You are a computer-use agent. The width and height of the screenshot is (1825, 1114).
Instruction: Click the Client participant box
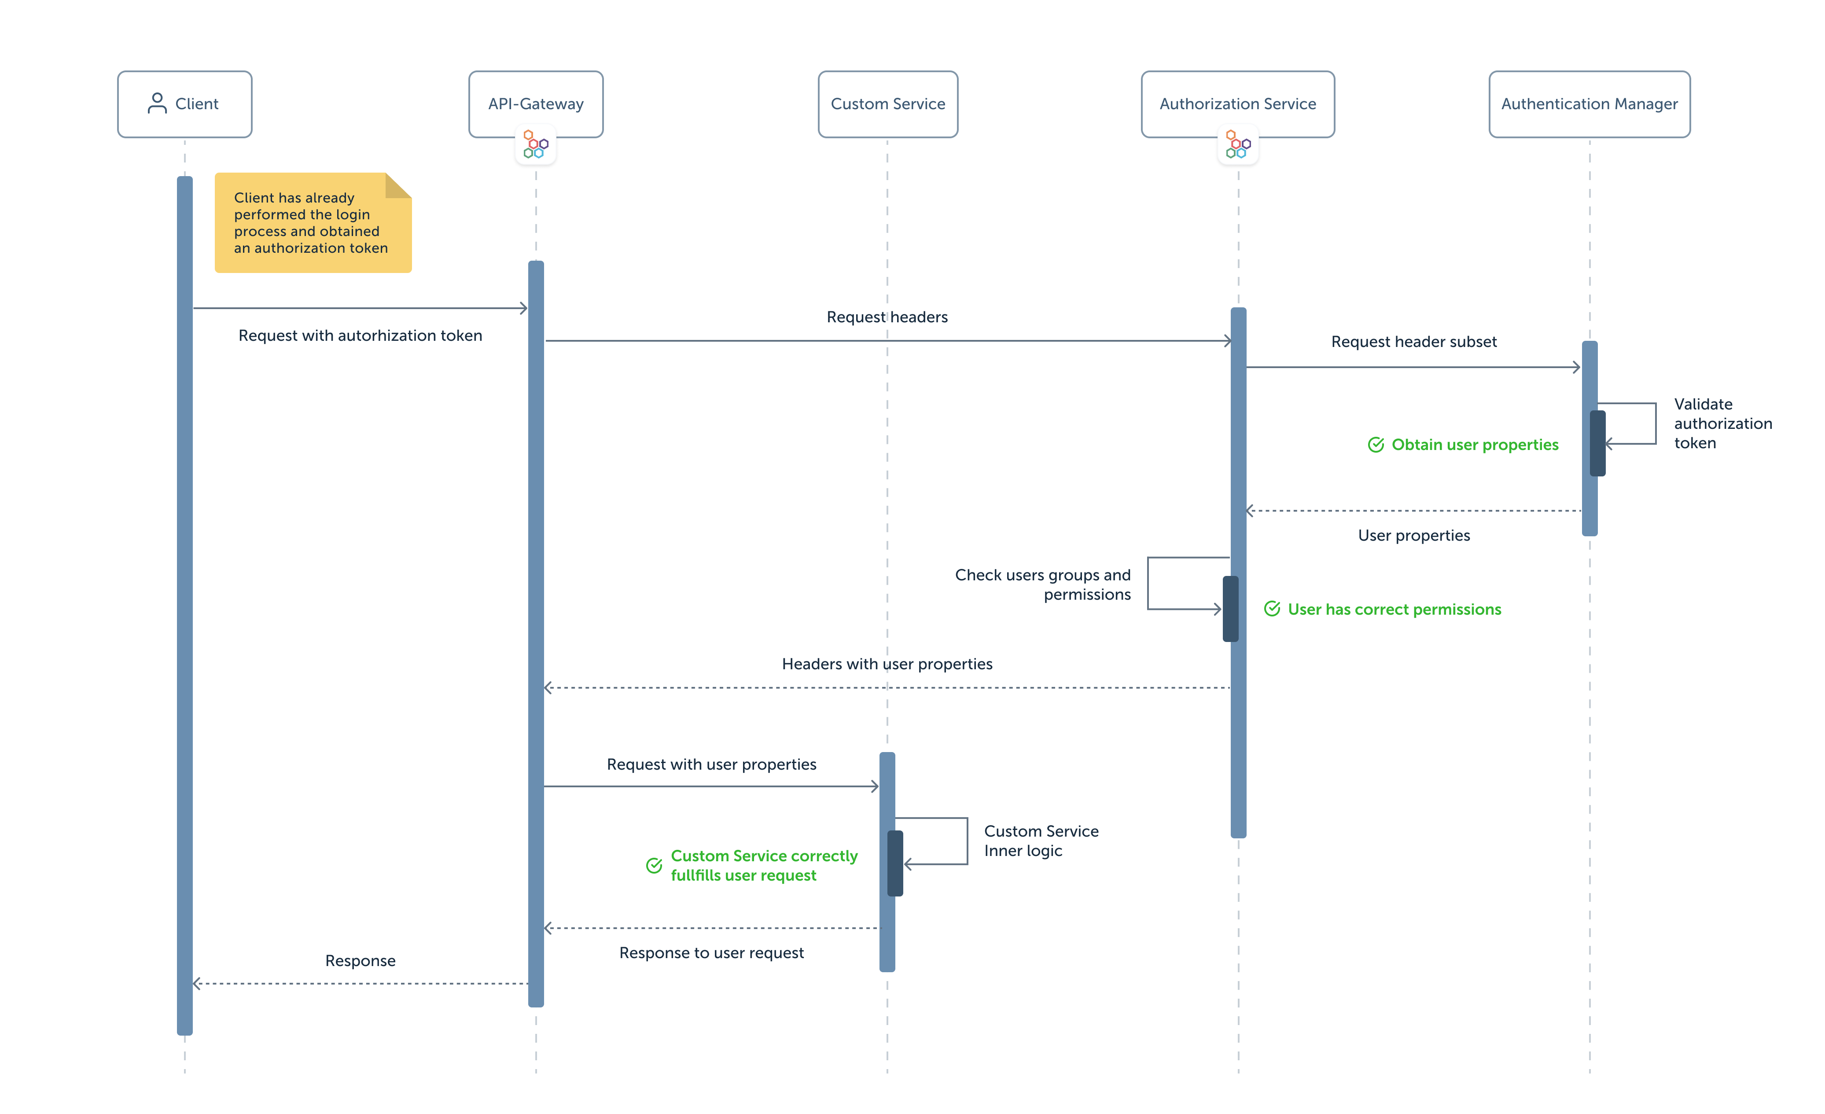(184, 104)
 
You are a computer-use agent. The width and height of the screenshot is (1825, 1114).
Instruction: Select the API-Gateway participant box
(536, 104)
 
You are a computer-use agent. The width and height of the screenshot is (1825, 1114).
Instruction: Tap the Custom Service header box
(887, 104)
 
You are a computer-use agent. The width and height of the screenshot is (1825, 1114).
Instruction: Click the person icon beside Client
(157, 103)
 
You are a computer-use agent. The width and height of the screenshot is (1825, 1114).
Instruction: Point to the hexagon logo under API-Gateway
(536, 144)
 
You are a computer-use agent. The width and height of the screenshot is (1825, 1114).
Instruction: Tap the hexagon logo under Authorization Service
(1238, 144)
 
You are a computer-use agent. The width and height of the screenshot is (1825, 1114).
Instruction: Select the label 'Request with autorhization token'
(360, 336)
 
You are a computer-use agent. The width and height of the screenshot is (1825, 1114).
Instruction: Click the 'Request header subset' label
(1413, 341)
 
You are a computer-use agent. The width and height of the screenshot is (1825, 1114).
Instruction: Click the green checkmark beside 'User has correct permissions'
(1272, 609)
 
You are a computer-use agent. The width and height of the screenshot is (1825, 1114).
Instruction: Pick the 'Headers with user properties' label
(887, 664)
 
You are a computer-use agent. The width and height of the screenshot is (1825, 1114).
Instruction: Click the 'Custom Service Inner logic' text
(1041, 841)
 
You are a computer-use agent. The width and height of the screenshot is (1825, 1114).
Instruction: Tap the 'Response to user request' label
(711, 952)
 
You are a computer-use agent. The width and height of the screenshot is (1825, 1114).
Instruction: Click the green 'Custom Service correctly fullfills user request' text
(764, 865)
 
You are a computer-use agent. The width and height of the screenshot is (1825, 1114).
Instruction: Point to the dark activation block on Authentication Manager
(1597, 443)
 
